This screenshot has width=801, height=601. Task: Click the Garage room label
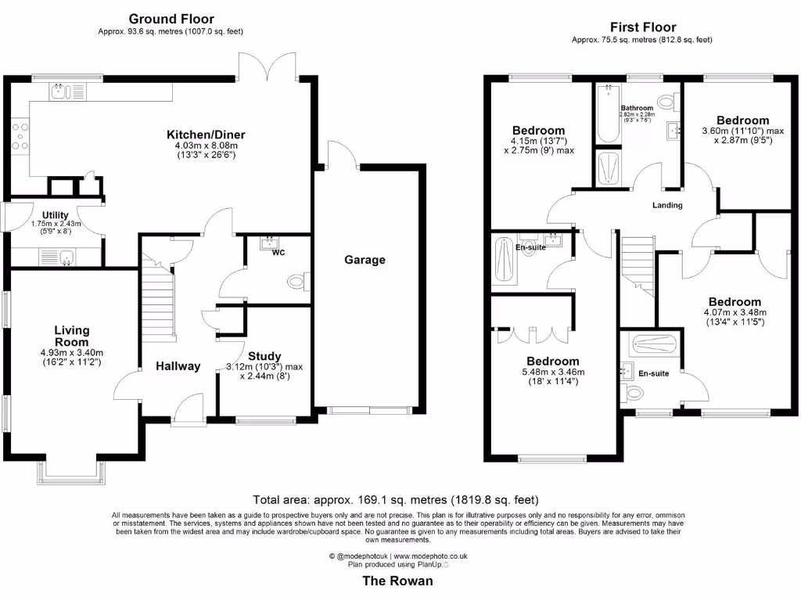[x=365, y=260]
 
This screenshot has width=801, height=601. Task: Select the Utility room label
[x=55, y=215]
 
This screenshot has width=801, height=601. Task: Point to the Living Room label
[x=72, y=336]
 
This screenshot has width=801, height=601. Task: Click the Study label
[x=264, y=356]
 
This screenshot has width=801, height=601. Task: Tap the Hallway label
[x=178, y=365]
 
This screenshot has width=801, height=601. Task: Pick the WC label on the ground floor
[x=278, y=254]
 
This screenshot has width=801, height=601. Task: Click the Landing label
[x=667, y=205]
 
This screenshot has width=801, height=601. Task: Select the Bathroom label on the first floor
[x=637, y=108]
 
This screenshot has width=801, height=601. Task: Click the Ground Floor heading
[x=171, y=19]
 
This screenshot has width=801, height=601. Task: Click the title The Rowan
[x=397, y=581]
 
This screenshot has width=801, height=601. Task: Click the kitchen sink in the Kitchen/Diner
[x=59, y=92]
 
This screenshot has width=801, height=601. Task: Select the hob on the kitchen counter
[x=19, y=135]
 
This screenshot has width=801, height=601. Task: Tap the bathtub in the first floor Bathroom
[x=606, y=114]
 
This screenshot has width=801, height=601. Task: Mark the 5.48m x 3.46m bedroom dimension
[x=553, y=372]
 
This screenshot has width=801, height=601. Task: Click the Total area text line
[x=396, y=499]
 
